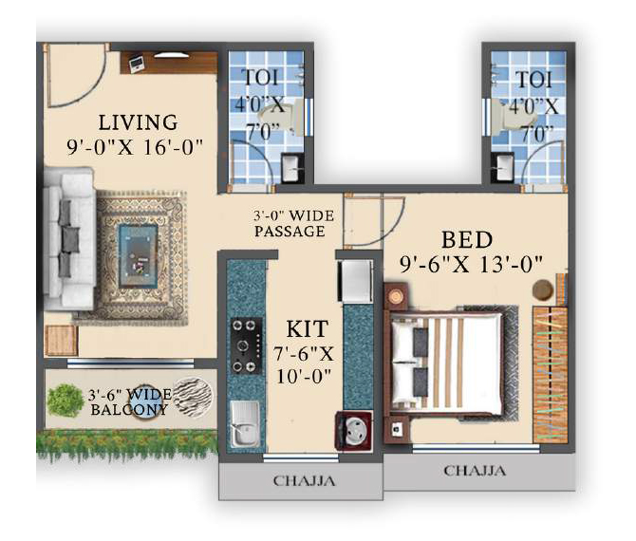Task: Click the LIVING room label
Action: [139, 122]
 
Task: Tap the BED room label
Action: [467, 240]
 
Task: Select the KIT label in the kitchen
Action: [307, 329]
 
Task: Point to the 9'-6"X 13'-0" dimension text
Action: [472, 265]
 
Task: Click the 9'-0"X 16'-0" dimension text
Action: [135, 147]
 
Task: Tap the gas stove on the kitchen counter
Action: [246, 345]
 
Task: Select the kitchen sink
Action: [246, 424]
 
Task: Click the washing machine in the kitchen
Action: [353, 431]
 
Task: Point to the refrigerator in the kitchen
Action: [355, 281]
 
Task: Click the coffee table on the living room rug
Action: [139, 256]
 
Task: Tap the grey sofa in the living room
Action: [69, 239]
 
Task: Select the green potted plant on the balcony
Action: [65, 401]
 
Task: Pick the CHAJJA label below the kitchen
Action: [304, 481]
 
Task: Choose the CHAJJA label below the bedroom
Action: [475, 471]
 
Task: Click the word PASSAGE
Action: [290, 232]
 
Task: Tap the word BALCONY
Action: [129, 410]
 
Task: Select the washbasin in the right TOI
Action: [502, 167]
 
